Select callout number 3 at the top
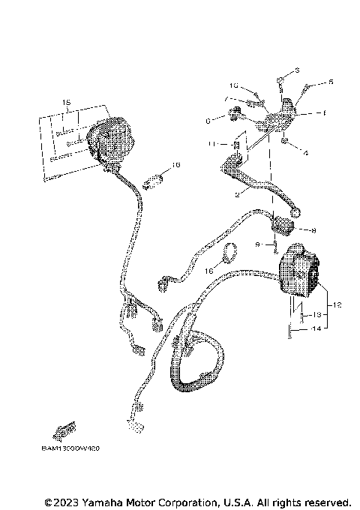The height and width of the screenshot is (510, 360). (x=297, y=70)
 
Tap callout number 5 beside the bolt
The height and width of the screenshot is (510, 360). (x=331, y=82)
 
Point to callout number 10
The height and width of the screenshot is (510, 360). (x=233, y=85)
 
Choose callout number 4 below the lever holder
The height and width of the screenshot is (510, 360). (x=306, y=154)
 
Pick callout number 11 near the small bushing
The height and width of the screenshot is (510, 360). (x=213, y=144)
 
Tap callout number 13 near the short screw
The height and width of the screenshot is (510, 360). (x=317, y=316)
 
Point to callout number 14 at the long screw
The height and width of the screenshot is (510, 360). (x=317, y=328)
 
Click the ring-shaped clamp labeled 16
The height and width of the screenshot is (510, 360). (x=230, y=253)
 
